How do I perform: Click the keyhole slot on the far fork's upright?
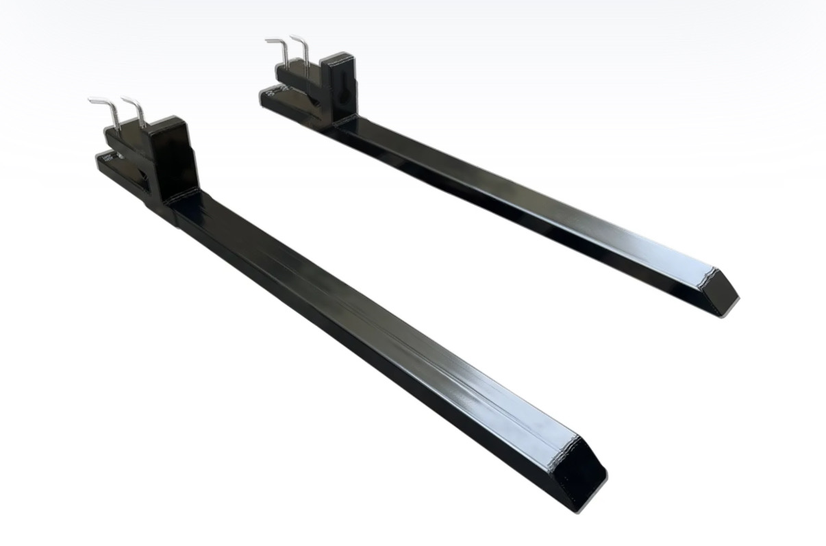pyautogui.click(x=342, y=86)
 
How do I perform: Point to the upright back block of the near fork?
pyautogui.click(x=175, y=158)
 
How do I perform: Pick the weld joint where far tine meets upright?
pyautogui.click(x=342, y=123)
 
